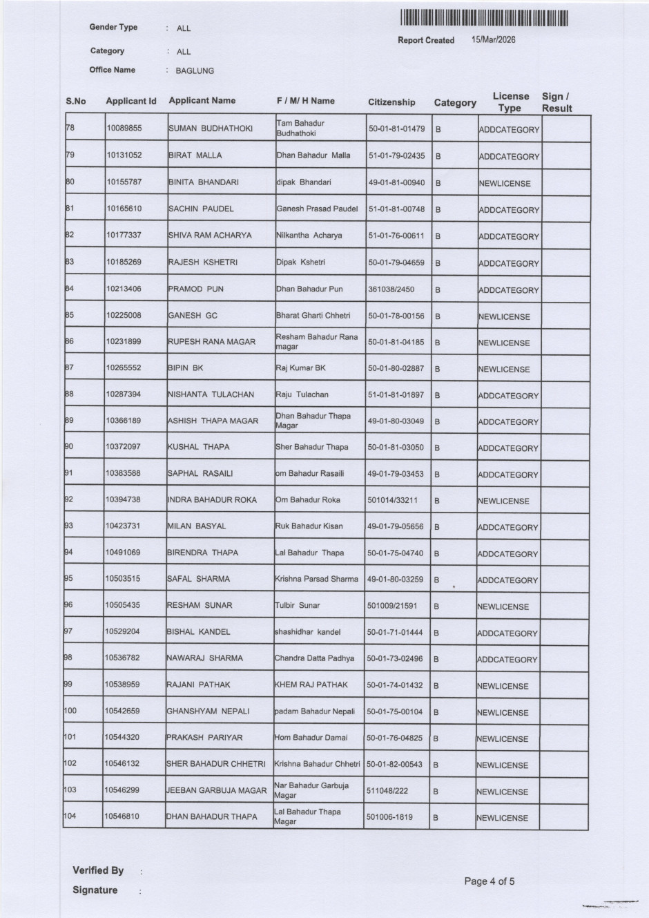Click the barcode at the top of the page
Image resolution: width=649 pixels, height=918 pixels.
click(483, 19)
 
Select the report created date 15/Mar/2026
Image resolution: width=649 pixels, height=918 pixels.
click(493, 39)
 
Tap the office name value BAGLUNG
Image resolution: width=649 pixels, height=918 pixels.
click(195, 71)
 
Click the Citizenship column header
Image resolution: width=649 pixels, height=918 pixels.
click(391, 102)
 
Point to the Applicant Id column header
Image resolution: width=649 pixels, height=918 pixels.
click(131, 102)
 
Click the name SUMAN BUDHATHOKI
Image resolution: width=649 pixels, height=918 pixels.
click(211, 128)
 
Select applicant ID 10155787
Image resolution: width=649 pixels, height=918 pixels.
click(124, 182)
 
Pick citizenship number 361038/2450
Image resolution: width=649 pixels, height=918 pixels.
click(391, 289)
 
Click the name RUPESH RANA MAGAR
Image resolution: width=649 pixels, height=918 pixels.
click(211, 342)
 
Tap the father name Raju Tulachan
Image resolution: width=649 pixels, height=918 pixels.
click(302, 394)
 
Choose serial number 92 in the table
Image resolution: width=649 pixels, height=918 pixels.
click(68, 499)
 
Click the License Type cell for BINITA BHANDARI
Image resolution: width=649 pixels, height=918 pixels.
click(505, 184)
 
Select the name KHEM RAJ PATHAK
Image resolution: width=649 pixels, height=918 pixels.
click(311, 685)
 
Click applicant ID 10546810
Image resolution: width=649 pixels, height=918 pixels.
click(122, 816)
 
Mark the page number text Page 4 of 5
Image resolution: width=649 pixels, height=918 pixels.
click(490, 881)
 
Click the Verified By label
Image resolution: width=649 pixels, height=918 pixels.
click(98, 870)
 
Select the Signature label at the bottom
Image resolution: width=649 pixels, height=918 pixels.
click(95, 890)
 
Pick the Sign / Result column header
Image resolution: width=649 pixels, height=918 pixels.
click(556, 102)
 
